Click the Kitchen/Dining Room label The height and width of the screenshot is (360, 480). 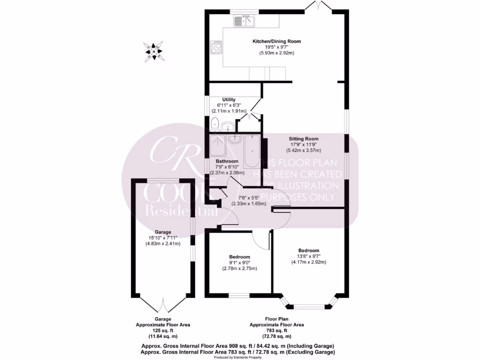click(277, 41)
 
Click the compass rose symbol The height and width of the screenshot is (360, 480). click(154, 51)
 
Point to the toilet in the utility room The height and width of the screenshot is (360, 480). click(215, 124)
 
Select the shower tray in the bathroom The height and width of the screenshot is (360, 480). click(217, 145)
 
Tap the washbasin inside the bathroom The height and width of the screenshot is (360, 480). click(234, 139)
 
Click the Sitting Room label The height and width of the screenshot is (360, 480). click(303, 139)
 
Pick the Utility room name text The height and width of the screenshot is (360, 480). click(229, 99)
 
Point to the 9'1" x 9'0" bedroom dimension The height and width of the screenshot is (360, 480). click(240, 262)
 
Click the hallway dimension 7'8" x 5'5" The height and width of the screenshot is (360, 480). click(252, 198)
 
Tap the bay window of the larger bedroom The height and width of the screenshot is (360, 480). click(308, 306)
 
